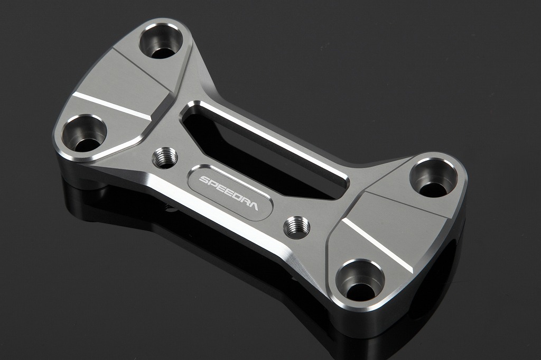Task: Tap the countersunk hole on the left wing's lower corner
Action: point(85,134)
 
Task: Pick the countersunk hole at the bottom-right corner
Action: point(360,281)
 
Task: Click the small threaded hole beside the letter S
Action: point(165,158)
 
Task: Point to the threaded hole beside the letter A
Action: point(297,227)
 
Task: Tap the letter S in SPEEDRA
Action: point(203,180)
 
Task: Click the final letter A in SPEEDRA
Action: point(253,206)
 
